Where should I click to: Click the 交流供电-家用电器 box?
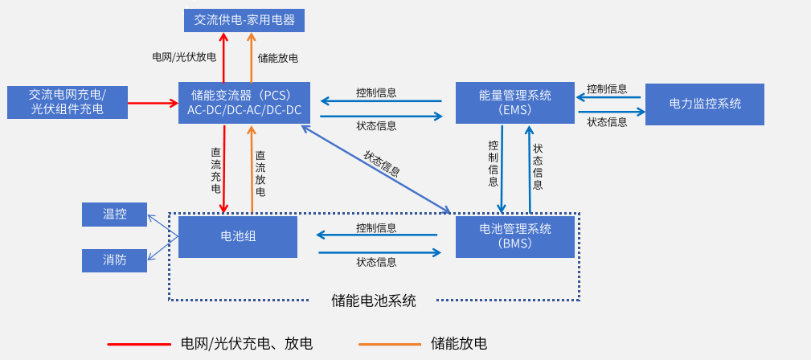pos(244,20)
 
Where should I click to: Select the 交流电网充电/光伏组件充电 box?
pos(68,102)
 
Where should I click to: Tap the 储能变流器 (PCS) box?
pos(245,102)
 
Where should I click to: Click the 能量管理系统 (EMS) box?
pos(515,102)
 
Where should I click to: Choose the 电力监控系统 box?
pos(704,104)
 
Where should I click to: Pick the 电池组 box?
pos(238,236)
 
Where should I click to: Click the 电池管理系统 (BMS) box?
pos(515,236)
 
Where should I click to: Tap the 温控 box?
pos(115,215)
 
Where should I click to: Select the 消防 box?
pos(115,260)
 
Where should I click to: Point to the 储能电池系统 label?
pos(374,301)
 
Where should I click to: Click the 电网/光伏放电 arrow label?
pos(184,58)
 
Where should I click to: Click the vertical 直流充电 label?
pos(215,170)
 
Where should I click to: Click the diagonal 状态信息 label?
pos(383,163)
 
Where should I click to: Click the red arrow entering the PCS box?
pos(153,103)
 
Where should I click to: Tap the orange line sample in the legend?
pos(390,344)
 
